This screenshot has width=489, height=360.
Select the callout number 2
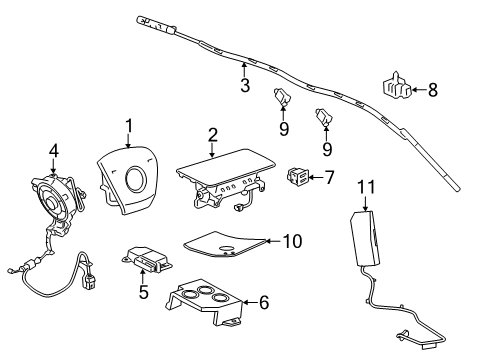coord(213,134)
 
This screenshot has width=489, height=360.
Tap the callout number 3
coord(244,87)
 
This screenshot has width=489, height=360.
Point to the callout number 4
coord(53,152)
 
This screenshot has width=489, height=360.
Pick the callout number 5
coord(143,294)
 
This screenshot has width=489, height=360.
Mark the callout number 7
coord(326,177)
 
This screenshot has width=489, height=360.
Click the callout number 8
coord(432,90)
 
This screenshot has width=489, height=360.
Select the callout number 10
coord(292,240)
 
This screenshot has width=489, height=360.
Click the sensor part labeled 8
coord(396,87)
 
